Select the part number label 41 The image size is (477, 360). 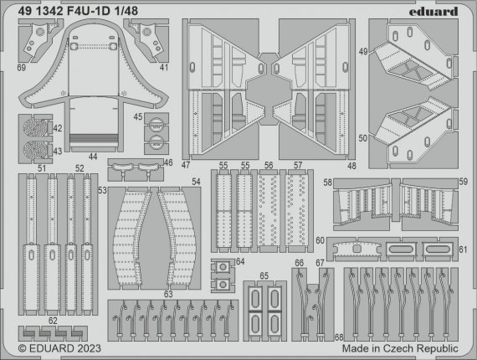pyautogui.click(x=165, y=66)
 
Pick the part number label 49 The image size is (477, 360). pyautogui.click(x=363, y=53)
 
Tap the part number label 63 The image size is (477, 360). pyautogui.click(x=168, y=294)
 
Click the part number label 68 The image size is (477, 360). pyautogui.click(x=337, y=337)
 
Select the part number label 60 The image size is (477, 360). pyautogui.click(x=321, y=241)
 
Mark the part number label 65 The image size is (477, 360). pyautogui.click(x=264, y=275)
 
